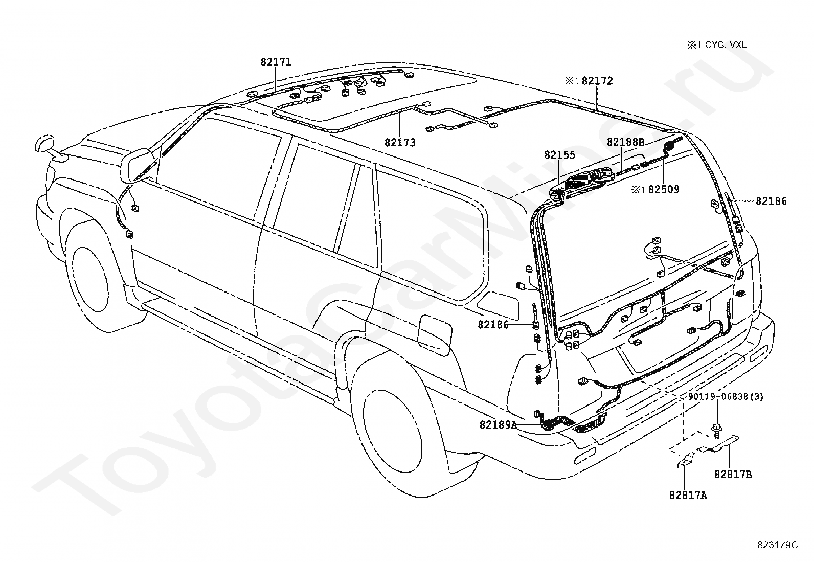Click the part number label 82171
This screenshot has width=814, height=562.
tap(276, 62)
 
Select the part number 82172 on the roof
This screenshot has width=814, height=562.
tap(597, 81)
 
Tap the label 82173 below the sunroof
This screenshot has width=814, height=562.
tap(400, 143)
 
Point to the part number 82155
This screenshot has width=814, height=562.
tap(559, 155)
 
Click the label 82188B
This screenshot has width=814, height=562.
tap(625, 142)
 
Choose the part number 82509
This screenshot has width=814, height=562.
tap(664, 189)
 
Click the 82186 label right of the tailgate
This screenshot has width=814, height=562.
tap(771, 201)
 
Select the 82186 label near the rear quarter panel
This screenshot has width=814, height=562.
tap(493, 325)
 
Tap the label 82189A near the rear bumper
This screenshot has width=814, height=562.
tap(498, 424)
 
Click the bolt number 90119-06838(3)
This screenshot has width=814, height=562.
tap(726, 397)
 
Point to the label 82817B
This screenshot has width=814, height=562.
tap(733, 475)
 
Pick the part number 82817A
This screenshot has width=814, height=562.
tap(688, 496)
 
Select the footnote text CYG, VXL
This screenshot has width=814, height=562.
tap(726, 45)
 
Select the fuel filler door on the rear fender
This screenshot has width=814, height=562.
tap(435, 332)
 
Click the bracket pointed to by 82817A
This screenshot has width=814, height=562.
tap(683, 459)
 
